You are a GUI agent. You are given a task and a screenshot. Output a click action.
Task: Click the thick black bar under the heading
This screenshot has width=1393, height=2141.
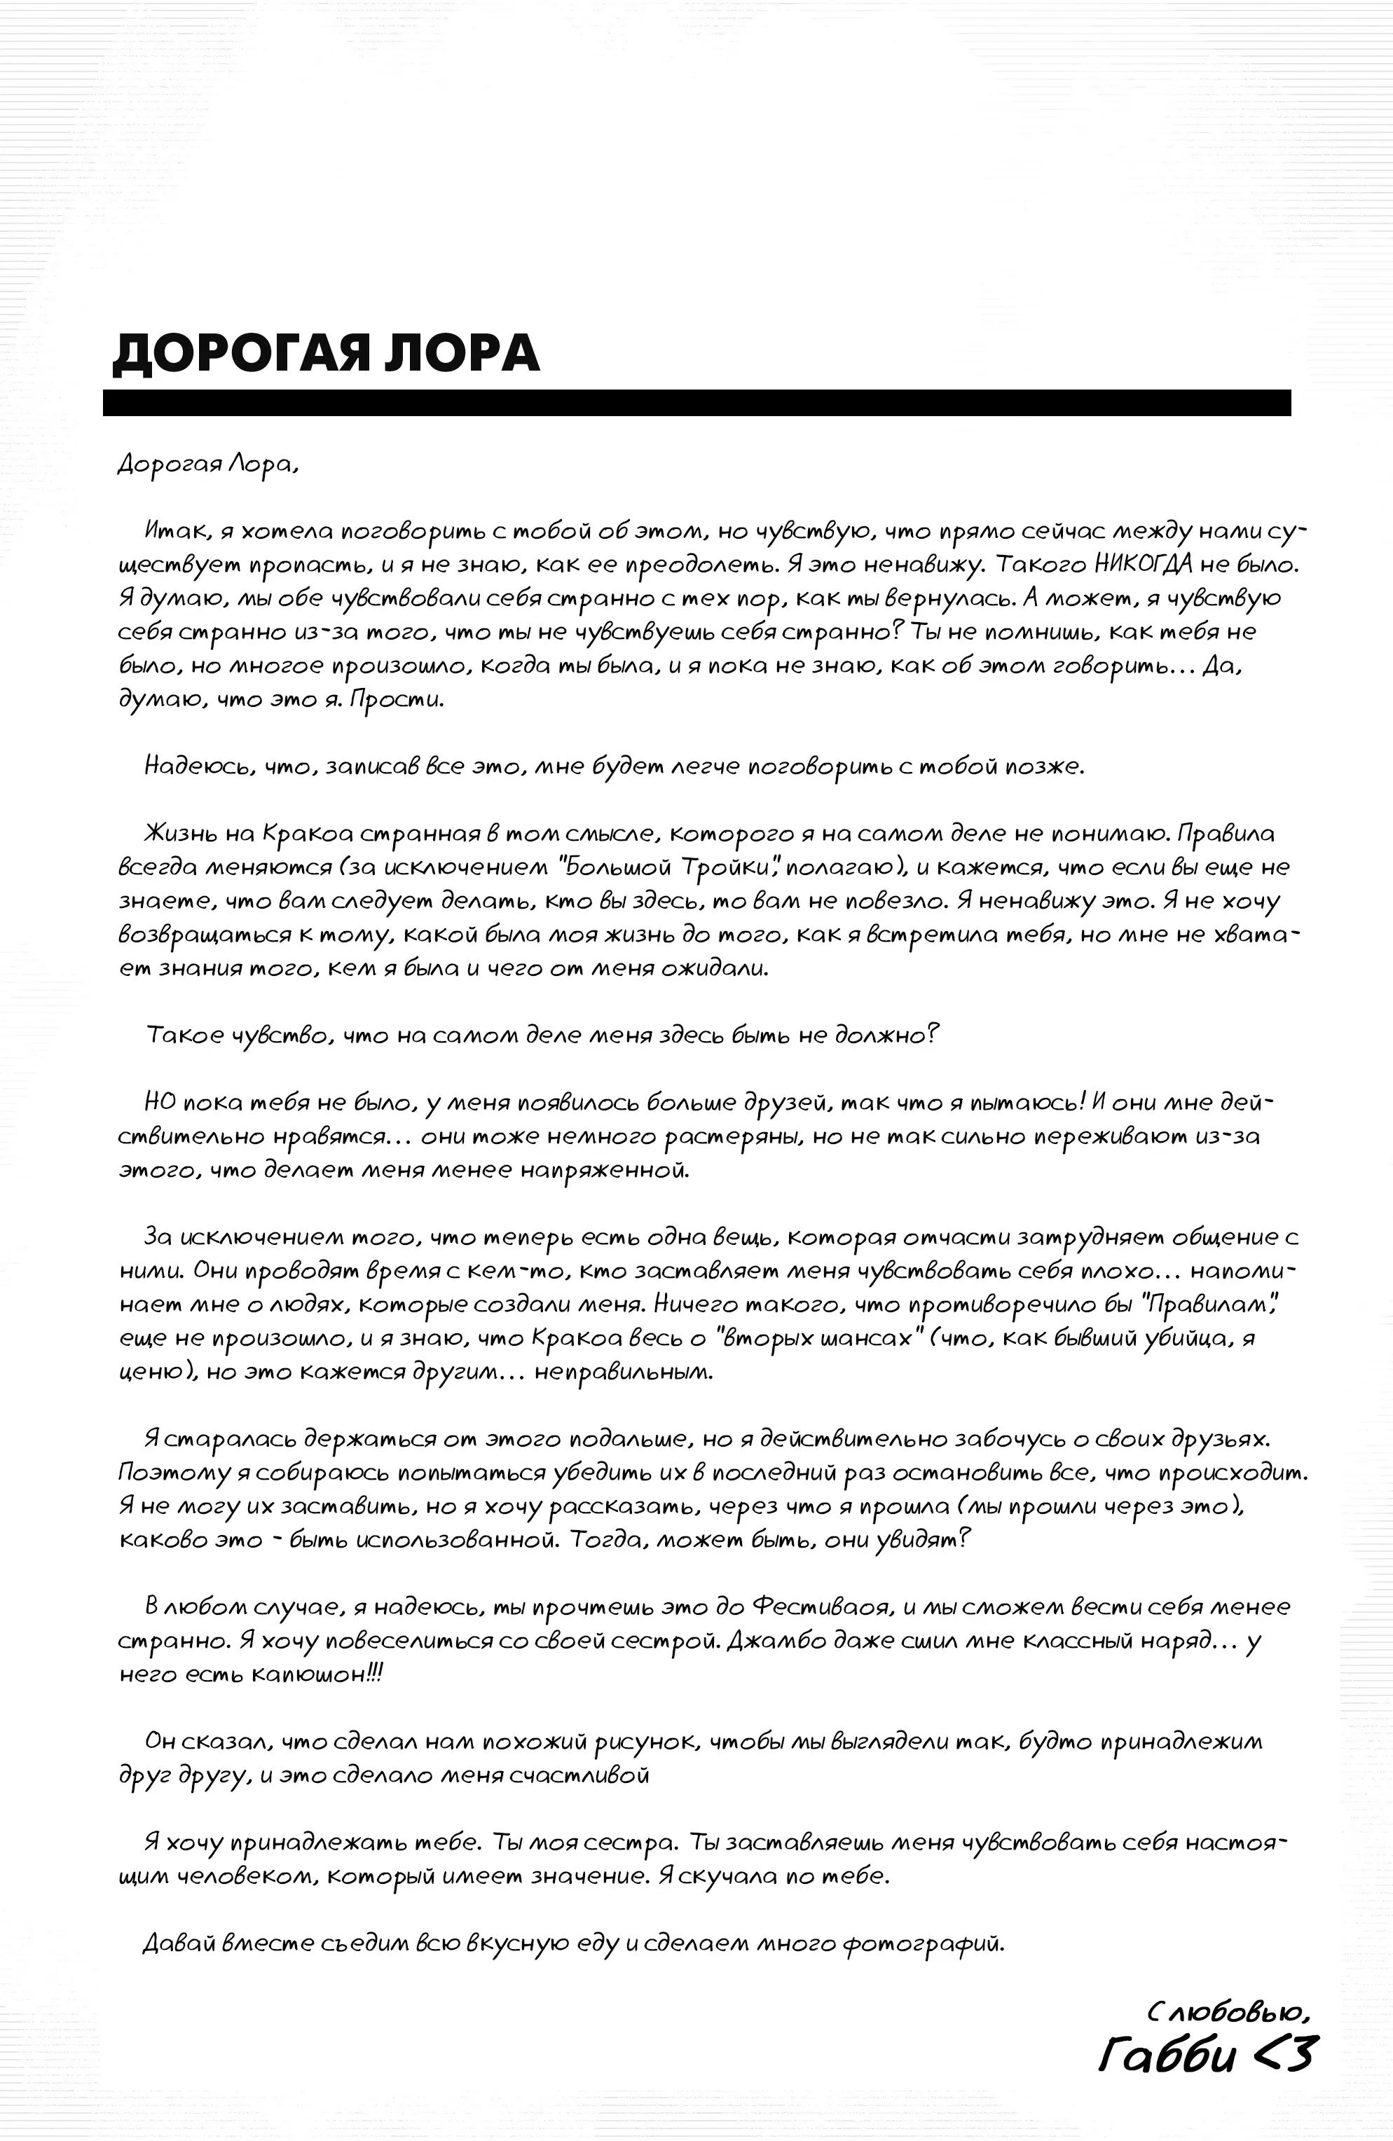pyautogui.click(x=696, y=402)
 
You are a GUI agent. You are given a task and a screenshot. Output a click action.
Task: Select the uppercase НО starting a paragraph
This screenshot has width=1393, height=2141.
pyautogui.click(x=161, y=1103)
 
